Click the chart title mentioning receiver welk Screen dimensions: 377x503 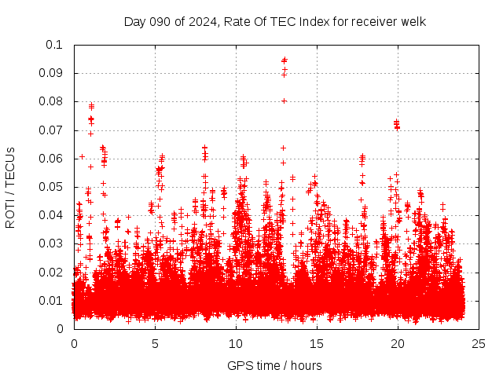pyautogui.click(x=275, y=22)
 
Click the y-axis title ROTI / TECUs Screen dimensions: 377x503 pyautogui.click(x=10, y=187)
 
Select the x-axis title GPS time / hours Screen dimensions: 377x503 pyautogui.click(x=274, y=365)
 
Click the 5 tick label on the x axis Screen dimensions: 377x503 pyautogui.click(x=155, y=344)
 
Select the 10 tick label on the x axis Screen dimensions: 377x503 pyautogui.click(x=236, y=344)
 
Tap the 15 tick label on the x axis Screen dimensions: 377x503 pyautogui.click(x=317, y=344)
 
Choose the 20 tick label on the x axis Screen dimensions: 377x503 pyautogui.click(x=398, y=344)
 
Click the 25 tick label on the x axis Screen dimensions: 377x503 pyautogui.click(x=479, y=344)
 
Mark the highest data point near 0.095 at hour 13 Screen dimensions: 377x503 pyautogui.click(x=285, y=60)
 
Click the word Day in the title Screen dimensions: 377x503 pyautogui.click(x=135, y=22)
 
